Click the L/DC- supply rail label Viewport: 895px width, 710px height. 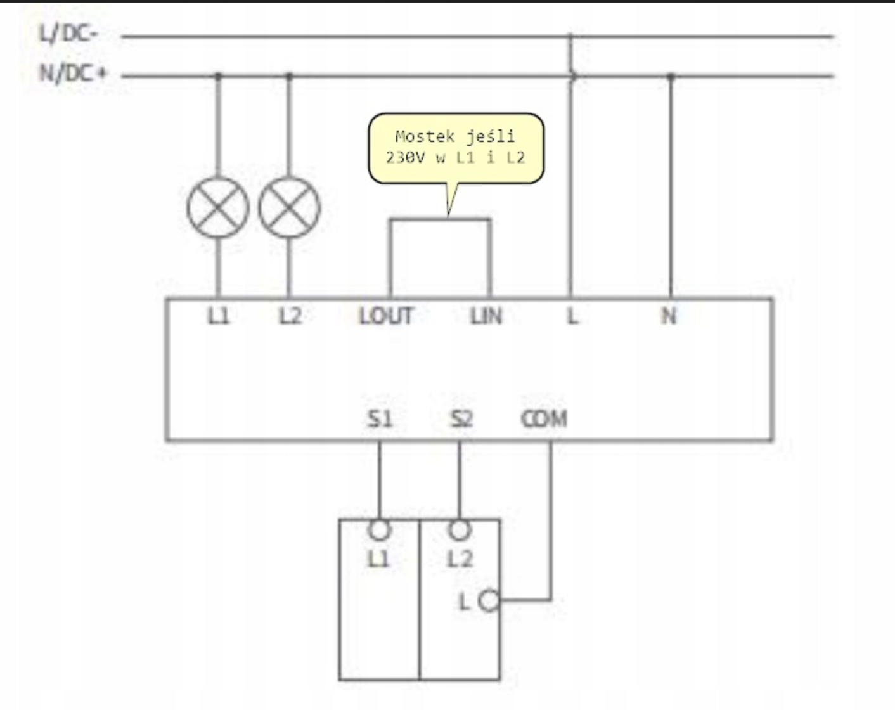tap(68, 34)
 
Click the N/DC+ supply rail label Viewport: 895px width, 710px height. tap(73, 74)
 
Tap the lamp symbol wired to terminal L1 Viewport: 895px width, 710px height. tap(218, 207)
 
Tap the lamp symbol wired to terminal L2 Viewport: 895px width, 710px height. tap(290, 207)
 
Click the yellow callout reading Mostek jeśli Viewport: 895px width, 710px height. tap(456, 148)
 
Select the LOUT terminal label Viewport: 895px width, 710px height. tap(386, 316)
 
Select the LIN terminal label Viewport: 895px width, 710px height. tap(486, 316)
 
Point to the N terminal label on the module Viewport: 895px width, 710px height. tap(669, 316)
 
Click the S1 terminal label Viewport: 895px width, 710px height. tap(380, 419)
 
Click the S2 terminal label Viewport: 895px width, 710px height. tap(461, 419)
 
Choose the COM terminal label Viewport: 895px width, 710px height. tap(544, 419)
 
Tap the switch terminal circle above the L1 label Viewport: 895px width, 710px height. tap(379, 530)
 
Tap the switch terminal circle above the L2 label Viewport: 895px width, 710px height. tap(460, 530)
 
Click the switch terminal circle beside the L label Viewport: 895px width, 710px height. tap(489, 600)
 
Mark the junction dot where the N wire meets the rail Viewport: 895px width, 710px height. tap(671, 76)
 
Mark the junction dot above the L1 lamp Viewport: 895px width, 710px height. tap(218, 75)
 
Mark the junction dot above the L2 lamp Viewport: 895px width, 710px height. tap(290, 75)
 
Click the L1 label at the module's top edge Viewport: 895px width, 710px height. tap(218, 316)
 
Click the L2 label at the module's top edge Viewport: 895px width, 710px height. tap(290, 316)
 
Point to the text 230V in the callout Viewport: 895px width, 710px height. tap(406, 158)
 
